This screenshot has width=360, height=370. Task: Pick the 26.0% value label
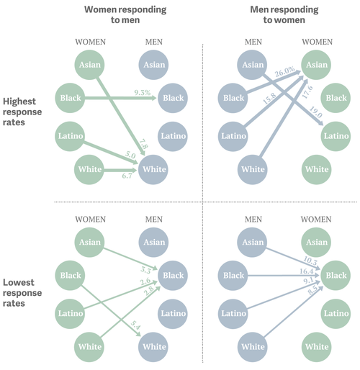tap(285, 71)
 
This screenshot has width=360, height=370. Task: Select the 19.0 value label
tap(295, 112)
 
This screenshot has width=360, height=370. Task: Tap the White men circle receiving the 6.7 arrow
tap(153, 170)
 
